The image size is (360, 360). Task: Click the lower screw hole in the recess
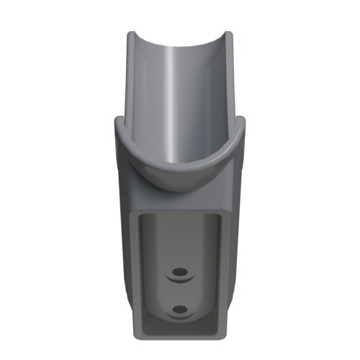click(179, 309)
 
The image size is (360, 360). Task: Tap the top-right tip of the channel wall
click(228, 34)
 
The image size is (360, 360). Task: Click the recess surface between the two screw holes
click(179, 291)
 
